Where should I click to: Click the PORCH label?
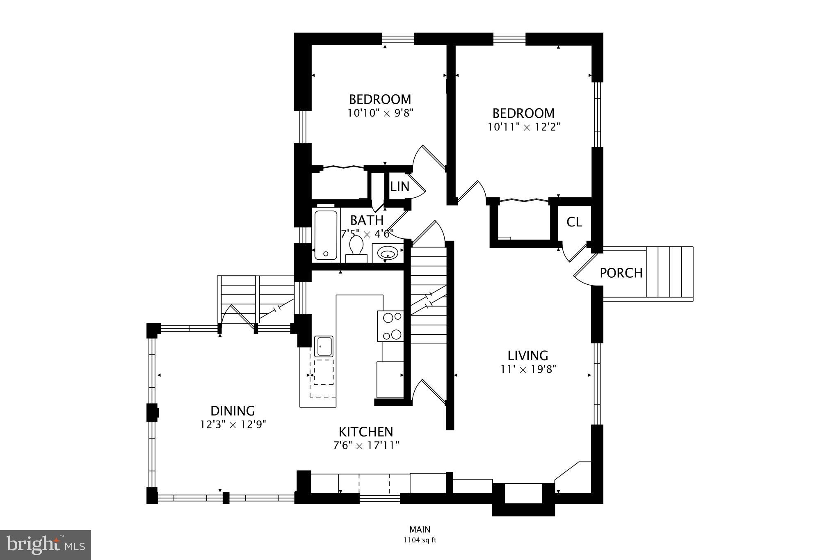[621, 273]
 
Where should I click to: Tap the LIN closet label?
[399, 187]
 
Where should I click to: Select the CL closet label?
[574, 222]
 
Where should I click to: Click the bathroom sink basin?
[387, 254]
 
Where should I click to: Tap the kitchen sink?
[324, 346]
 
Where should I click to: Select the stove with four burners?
[390, 326]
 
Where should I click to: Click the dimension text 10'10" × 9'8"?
[380, 113]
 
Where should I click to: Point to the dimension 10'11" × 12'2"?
[524, 127]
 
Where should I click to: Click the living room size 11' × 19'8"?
[528, 369]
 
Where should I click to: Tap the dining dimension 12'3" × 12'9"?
[233, 425]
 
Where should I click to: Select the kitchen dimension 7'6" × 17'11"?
[366, 445]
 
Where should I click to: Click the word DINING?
[233, 411]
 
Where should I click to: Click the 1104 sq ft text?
[420, 540]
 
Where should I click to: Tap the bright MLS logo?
[46, 545]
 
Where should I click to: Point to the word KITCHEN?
[366, 432]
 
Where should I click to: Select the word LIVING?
[528, 355]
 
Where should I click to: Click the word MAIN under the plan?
[420, 530]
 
